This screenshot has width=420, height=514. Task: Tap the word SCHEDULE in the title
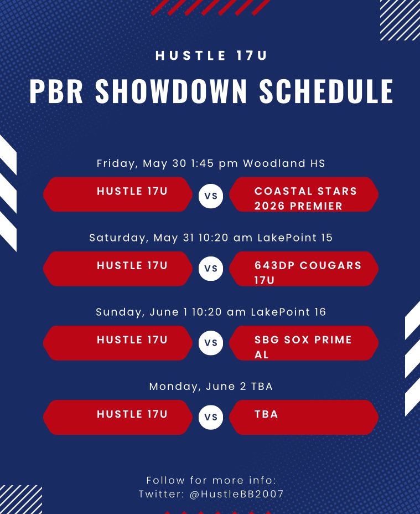point(326,91)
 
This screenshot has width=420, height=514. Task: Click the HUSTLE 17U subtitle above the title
point(211,55)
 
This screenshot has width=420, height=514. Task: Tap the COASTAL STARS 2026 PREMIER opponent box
point(304,195)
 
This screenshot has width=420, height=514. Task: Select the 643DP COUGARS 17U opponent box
point(304,269)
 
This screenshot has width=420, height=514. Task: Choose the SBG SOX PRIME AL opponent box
point(304,343)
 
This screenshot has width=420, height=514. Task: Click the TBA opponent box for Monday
point(304,417)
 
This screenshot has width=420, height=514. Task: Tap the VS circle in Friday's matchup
point(211,196)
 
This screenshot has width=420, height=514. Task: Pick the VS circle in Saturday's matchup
point(211,270)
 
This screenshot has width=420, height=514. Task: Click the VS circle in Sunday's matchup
point(211,343)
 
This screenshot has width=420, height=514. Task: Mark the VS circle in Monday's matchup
point(211,418)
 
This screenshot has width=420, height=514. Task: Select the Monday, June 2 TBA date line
point(211,386)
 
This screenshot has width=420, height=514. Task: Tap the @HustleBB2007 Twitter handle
point(237,494)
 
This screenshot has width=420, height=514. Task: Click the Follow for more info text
point(211,480)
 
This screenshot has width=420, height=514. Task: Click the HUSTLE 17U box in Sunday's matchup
point(118,343)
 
